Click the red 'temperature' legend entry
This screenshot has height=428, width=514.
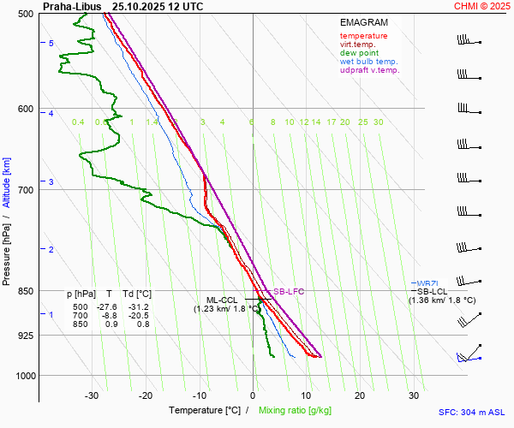click(x=363, y=36)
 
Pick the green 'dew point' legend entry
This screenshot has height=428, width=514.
click(x=360, y=53)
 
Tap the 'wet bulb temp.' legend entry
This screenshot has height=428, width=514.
click(x=368, y=62)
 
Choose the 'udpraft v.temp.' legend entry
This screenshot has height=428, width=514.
click(x=369, y=70)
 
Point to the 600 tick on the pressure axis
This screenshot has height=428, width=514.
click(x=24, y=108)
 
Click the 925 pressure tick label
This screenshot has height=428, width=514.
click(x=24, y=335)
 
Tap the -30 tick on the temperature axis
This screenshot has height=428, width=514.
click(x=92, y=395)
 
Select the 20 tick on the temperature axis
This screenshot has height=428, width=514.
click(x=360, y=395)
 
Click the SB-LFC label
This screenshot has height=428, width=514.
click(x=289, y=292)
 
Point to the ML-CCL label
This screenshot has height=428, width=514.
click(x=221, y=300)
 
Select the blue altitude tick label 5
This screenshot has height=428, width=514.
click(x=51, y=43)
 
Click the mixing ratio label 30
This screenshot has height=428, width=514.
click(x=378, y=122)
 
